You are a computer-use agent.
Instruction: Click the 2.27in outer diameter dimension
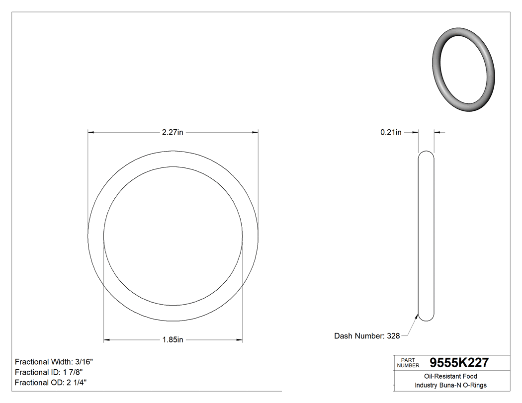pos(173,132)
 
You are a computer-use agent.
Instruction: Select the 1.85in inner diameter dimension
pos(173,340)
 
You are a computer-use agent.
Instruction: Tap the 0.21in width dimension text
pos(391,132)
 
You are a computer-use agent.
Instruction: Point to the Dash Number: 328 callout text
pos(367,336)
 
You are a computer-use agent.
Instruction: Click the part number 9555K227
pos(459,363)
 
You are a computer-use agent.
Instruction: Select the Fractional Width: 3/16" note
pos(54,362)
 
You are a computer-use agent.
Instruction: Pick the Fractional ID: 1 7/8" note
pos(49,372)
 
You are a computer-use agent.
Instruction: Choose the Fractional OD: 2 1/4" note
pos(52,383)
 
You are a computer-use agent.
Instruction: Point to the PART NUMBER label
pos(408,363)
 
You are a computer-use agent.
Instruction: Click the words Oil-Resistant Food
pos(450,376)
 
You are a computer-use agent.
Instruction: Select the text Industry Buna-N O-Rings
pos(450,385)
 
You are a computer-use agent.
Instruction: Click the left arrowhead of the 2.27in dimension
pos(91,132)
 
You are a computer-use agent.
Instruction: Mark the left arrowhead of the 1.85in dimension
pos(106,340)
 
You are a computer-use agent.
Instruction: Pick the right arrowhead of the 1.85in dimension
pos(239,340)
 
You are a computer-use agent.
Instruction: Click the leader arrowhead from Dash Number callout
pos(417,314)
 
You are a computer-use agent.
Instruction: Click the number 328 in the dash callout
pos(393,336)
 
